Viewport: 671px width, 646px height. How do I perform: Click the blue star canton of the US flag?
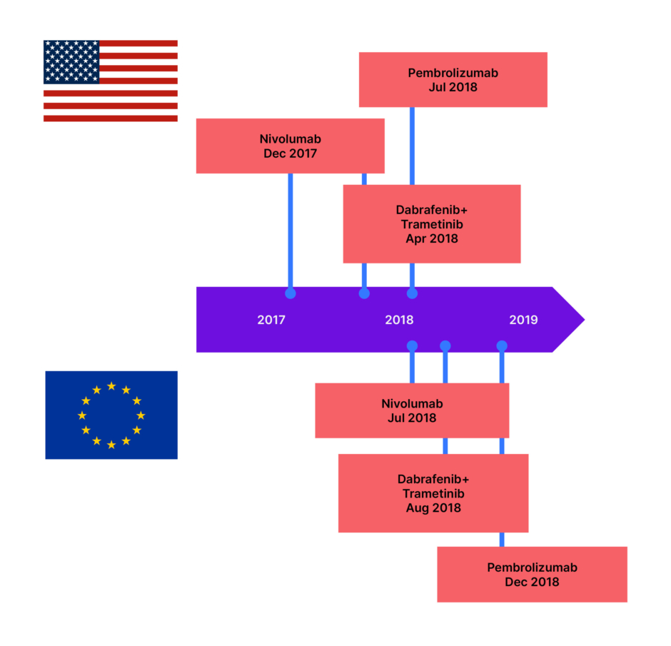[71, 62]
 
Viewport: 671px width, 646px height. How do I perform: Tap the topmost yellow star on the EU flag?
[111, 385]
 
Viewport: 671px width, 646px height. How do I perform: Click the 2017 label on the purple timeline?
[271, 320]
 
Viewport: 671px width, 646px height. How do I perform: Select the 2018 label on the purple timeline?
[399, 320]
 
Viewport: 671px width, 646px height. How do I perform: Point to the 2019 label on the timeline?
[523, 320]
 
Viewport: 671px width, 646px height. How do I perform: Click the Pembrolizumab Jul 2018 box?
[453, 80]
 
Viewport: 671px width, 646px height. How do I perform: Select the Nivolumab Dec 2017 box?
[290, 146]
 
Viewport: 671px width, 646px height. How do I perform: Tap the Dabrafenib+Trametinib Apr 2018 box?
[431, 224]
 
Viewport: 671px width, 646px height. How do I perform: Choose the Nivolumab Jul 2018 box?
[412, 410]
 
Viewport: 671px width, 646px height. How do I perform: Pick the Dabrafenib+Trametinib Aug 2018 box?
[433, 493]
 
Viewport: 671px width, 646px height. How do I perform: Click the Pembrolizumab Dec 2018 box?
[532, 575]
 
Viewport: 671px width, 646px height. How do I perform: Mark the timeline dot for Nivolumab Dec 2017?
[290, 293]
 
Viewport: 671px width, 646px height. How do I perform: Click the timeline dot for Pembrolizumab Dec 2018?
[502, 346]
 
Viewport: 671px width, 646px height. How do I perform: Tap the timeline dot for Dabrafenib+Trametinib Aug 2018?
[445, 346]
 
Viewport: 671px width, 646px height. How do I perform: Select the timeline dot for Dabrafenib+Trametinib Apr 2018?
[364, 293]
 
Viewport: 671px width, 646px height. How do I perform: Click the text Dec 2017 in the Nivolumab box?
[290, 153]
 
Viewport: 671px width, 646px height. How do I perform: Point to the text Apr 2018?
[432, 239]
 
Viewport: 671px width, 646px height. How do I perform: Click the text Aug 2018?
[433, 508]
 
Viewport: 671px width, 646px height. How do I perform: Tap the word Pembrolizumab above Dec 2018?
[532, 567]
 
